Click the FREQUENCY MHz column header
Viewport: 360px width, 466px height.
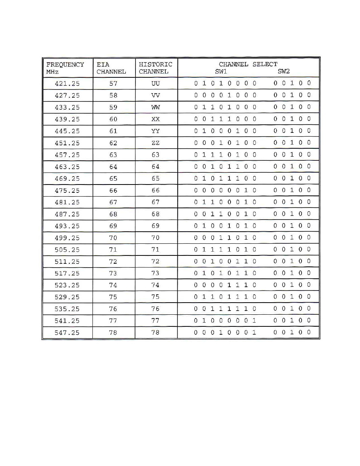pos(65,68)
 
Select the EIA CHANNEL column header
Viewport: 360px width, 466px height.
pos(111,68)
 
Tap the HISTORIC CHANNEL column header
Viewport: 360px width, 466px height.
pos(155,68)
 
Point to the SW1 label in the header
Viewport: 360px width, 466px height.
pos(221,71)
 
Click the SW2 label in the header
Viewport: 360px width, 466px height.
pos(283,71)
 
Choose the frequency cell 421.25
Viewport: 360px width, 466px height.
pos(67,84)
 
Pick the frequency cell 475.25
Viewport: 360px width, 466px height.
pos(67,191)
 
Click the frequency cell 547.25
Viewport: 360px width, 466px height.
pos(67,333)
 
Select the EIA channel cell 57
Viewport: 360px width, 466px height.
pos(113,84)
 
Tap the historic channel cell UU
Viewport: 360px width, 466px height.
pos(155,84)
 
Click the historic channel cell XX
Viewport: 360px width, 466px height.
pos(155,119)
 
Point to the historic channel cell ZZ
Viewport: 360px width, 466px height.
pos(155,143)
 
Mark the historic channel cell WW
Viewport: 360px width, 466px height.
pos(155,108)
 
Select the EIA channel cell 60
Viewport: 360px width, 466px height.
pos(113,119)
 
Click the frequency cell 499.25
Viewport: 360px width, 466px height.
pos(67,238)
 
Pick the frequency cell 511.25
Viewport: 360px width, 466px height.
pos(67,261)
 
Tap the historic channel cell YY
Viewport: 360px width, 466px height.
pos(155,131)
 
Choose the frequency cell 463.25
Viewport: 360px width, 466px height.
pos(67,167)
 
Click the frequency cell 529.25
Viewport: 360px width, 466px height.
pos(67,297)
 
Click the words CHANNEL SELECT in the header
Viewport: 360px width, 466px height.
pos(248,64)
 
